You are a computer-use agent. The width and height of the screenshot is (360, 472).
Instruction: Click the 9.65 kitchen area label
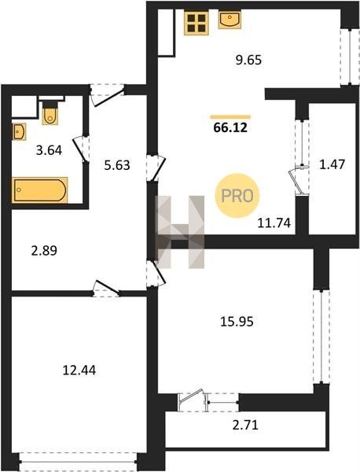point(248,60)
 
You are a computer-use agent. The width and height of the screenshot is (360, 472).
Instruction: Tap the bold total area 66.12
point(230,128)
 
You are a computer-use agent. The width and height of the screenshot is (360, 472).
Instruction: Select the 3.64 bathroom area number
point(49,150)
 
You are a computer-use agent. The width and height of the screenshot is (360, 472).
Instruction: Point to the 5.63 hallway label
point(117,165)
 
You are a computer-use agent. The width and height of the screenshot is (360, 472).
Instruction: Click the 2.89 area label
point(44,250)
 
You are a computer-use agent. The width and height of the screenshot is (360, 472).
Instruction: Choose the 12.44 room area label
point(79,370)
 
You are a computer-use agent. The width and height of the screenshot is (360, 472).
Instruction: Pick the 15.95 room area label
point(237,322)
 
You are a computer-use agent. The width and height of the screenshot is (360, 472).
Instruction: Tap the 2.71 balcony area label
point(245,426)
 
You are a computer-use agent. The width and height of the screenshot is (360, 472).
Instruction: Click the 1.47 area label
point(332,164)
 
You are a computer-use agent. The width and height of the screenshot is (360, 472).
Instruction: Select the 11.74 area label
point(274,223)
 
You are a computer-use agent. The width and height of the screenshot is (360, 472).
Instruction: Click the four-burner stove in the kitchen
point(197,23)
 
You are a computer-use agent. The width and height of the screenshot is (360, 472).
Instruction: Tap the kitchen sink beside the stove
point(230,20)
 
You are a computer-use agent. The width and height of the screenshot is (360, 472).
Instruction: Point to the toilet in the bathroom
point(50,112)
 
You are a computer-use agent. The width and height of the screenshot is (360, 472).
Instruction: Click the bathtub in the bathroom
point(40,190)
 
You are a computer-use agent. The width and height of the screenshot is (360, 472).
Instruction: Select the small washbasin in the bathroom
point(19,131)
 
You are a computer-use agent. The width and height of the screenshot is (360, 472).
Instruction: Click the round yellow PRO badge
point(237,196)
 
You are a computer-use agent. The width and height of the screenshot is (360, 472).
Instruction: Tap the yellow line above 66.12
point(230,116)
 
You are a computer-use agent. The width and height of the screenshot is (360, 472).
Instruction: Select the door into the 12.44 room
point(105,289)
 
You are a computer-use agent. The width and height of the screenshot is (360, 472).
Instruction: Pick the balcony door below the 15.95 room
point(192,400)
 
